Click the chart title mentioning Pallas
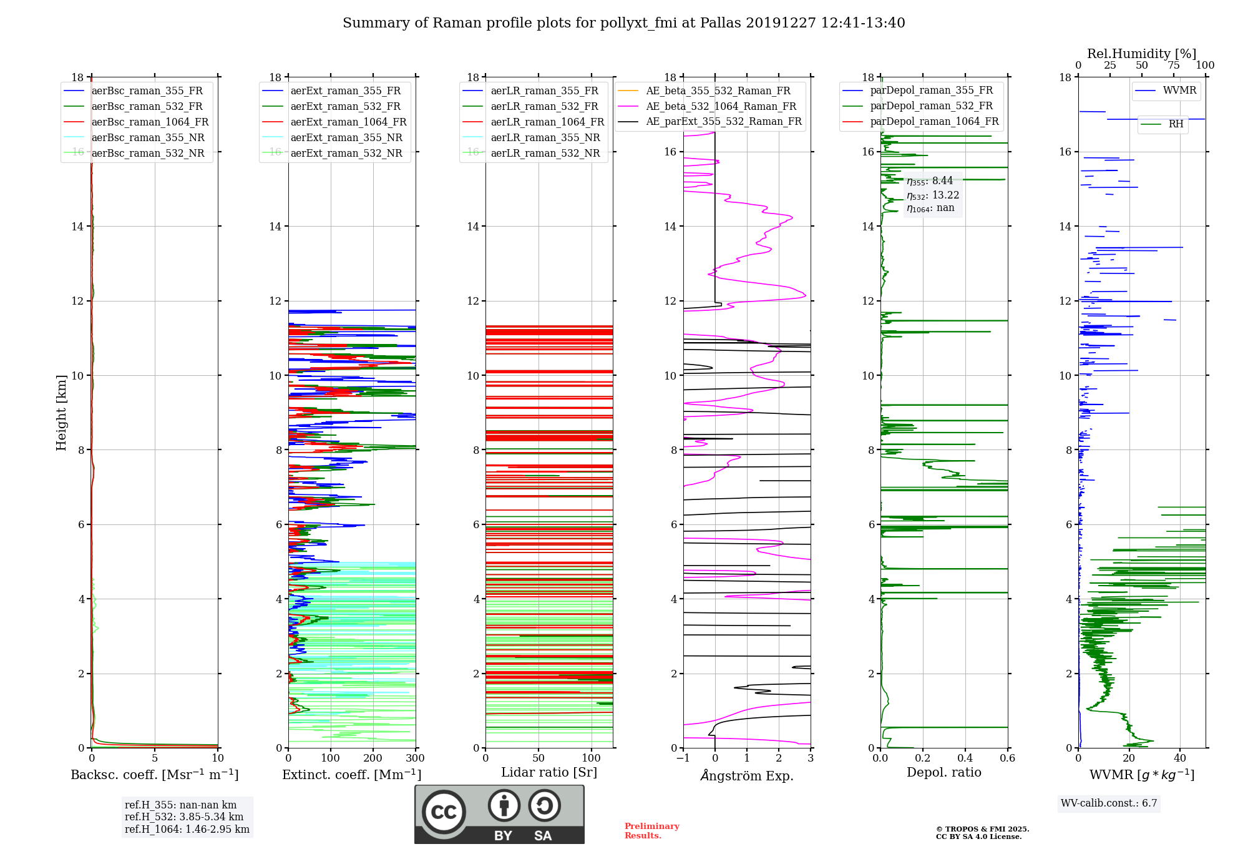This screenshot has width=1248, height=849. [624, 23]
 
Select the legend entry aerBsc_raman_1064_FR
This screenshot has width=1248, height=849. [137, 122]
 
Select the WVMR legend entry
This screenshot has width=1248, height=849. [1166, 91]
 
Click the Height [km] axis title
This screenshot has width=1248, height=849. [61, 413]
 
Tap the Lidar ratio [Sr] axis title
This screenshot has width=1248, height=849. [549, 773]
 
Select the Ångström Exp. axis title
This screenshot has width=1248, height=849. [747, 775]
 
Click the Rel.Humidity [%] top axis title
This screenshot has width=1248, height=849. [1142, 54]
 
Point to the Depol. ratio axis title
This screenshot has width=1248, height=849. [944, 773]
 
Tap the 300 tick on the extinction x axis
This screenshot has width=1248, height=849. [415, 758]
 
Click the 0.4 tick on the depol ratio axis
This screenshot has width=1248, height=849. [965, 758]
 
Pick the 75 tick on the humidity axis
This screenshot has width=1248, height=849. [1174, 66]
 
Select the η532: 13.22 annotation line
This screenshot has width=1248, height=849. [933, 195]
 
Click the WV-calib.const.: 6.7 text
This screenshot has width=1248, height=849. [1109, 803]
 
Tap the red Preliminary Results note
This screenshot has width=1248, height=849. [652, 831]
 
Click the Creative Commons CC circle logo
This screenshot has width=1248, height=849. [444, 812]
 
